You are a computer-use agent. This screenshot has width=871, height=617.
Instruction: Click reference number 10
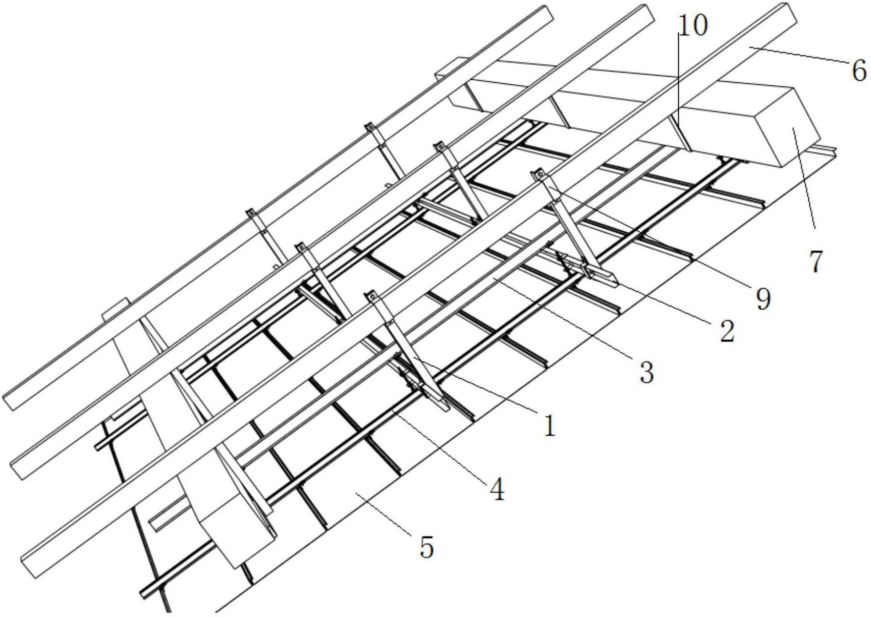coord(693,25)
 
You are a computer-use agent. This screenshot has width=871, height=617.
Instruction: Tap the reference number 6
coord(859,70)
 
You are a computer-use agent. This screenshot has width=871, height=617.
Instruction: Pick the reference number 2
coord(727,332)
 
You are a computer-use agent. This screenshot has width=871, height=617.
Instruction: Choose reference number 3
coord(646,373)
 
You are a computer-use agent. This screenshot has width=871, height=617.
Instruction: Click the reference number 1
coord(550,425)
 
